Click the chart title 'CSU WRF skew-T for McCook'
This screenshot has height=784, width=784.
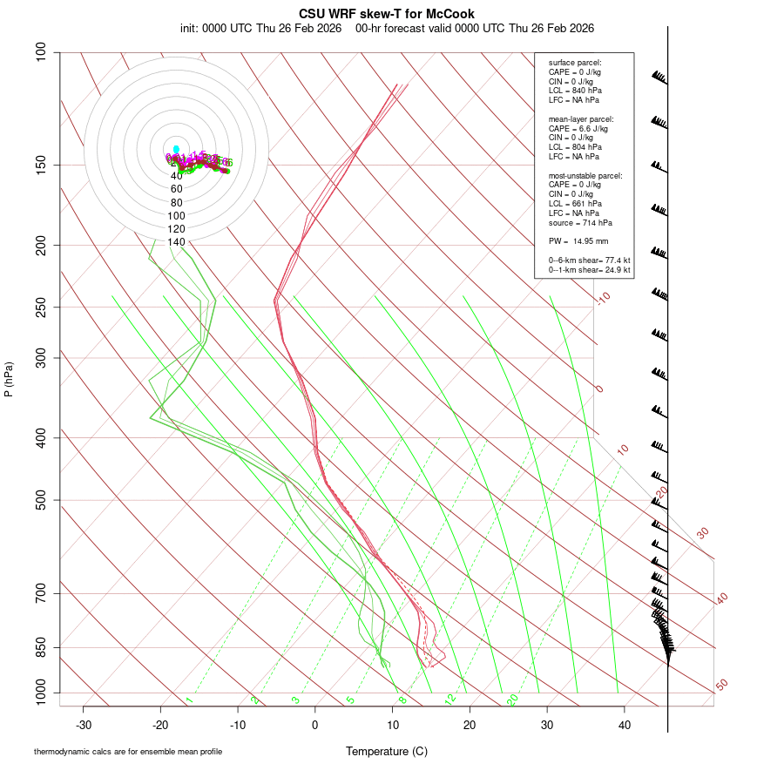coord(387,14)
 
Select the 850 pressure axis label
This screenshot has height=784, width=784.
coord(41,648)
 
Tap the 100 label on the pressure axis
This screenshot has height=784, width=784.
coord(41,53)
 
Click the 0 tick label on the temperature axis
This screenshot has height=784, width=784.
coord(315,724)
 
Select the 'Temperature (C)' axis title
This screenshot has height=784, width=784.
coord(387,751)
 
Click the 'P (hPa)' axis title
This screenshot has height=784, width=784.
coord(9,380)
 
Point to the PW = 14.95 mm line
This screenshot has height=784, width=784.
coord(578,241)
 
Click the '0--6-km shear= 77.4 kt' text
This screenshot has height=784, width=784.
coord(590,260)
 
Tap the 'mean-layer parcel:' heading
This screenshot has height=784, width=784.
coord(581,118)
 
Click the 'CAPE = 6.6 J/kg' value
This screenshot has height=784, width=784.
coord(578,128)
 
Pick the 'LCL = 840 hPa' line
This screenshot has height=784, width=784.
coord(575,91)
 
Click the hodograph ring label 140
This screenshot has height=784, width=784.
coord(177,242)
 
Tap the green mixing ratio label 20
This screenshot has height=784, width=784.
coord(512,700)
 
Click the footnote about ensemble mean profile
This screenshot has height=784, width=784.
coord(128,751)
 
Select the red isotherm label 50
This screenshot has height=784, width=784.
coord(721,686)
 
